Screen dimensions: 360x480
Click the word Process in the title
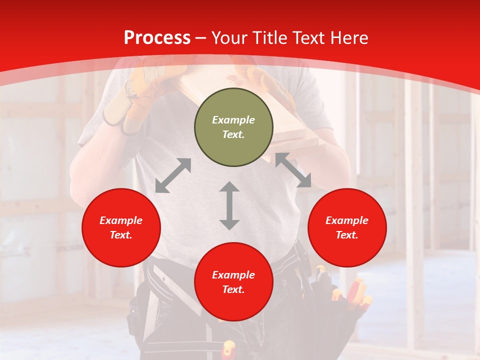click(x=157, y=38)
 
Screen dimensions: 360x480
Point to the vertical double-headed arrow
click(x=229, y=205)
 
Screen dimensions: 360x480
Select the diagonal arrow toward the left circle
click(x=173, y=175)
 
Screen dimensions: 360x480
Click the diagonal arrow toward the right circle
click(x=293, y=170)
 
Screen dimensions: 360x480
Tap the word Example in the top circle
click(x=233, y=120)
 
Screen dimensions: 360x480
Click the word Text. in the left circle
click(x=121, y=235)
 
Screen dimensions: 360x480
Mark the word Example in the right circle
click(x=347, y=220)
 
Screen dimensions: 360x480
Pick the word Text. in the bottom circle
click(x=233, y=289)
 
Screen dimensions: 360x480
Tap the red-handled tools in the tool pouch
click(x=357, y=295)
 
